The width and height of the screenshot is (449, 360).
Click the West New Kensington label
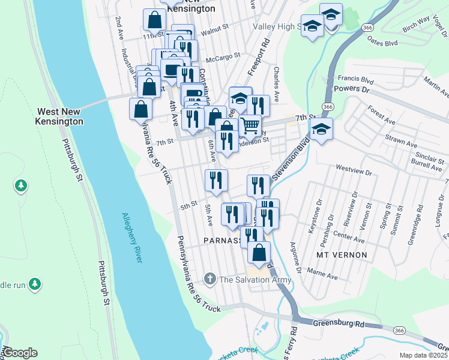[60, 116]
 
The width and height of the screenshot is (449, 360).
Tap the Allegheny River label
[132, 238]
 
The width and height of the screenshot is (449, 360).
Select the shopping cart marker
[250, 125]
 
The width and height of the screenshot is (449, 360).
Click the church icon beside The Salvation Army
[209, 278]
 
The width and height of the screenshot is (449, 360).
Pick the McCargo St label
[223, 55]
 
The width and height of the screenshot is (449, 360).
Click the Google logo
[20, 353]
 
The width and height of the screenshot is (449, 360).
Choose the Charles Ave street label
[276, 83]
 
